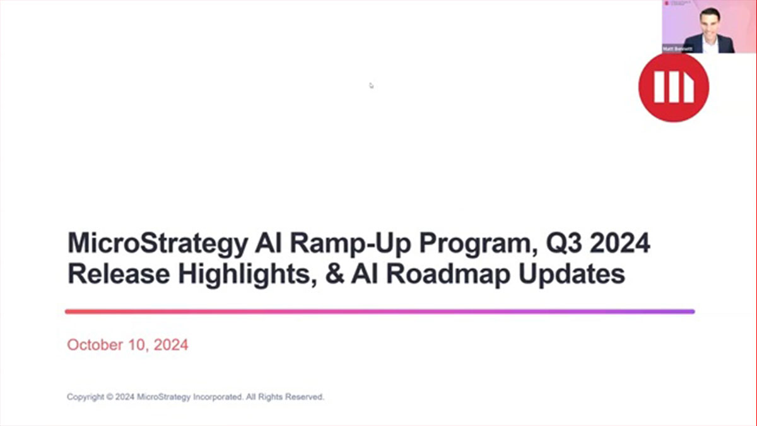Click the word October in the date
point(94,345)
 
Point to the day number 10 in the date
point(137,345)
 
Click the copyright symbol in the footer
point(110,398)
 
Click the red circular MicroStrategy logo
point(673,86)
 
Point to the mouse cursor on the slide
point(371,85)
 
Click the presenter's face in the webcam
point(710,23)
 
